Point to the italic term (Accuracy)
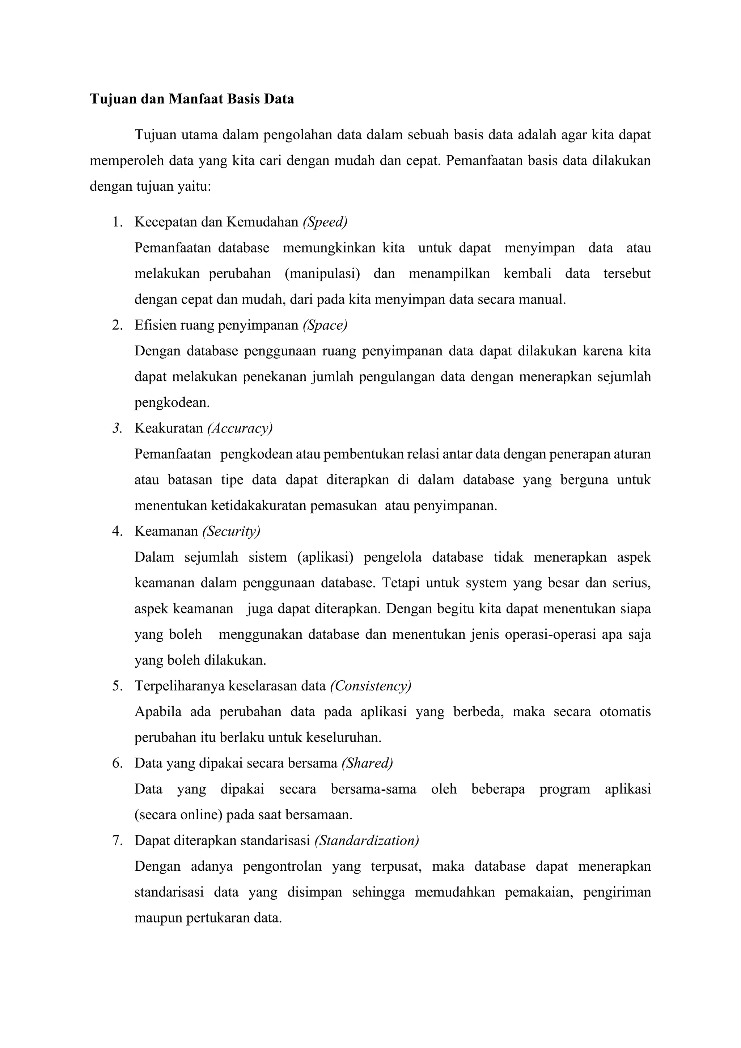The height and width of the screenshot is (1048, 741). click(240, 428)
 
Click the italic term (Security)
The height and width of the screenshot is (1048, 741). click(231, 531)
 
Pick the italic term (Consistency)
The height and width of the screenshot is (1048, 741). click(370, 686)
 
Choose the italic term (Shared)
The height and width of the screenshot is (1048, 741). click(367, 763)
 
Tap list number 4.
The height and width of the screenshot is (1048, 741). click(117, 531)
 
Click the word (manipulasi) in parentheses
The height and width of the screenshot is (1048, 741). click(322, 274)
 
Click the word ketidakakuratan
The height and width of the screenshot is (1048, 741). click(259, 506)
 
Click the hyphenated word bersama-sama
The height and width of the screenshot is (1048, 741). click(373, 789)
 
